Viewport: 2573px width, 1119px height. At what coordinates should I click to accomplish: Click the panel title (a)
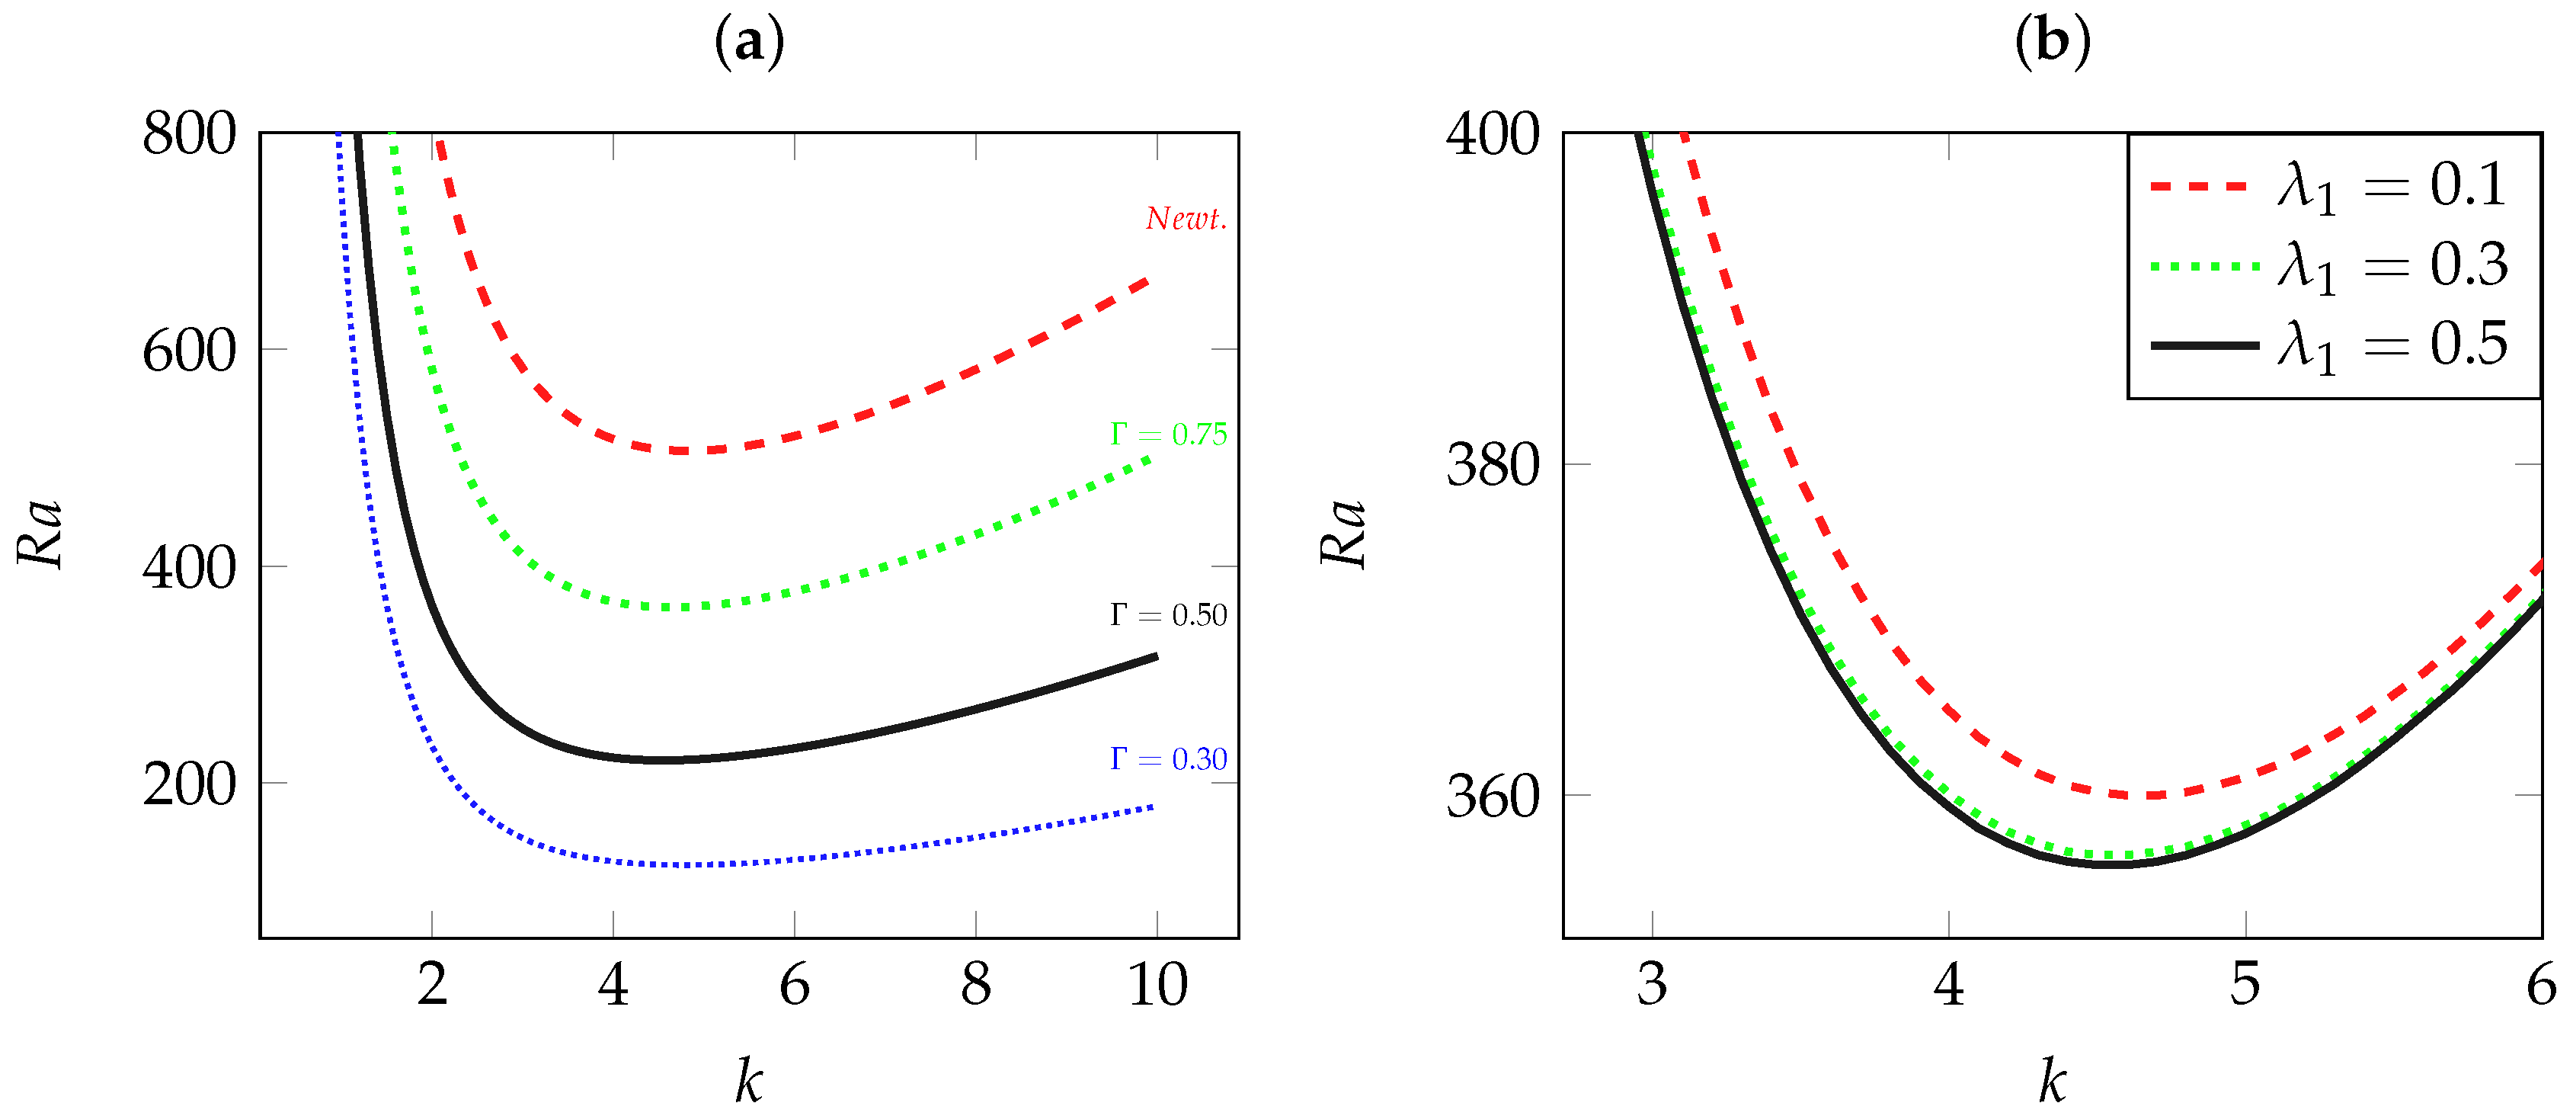(x=749, y=42)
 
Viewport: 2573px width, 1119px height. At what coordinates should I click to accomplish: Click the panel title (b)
(x=2052, y=42)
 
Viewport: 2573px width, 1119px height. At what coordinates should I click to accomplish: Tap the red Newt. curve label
(x=1186, y=219)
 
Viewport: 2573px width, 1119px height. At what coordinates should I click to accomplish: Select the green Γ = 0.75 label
(x=1167, y=434)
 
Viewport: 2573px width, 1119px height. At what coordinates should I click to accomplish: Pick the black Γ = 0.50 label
(x=1167, y=615)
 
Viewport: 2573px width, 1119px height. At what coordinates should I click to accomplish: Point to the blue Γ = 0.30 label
(x=1167, y=759)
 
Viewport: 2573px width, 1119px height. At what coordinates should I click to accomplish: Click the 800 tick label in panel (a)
(x=189, y=133)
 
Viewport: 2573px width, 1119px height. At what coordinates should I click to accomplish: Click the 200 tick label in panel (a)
(x=189, y=784)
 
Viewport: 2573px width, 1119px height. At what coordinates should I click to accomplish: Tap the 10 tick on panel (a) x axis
(x=1157, y=984)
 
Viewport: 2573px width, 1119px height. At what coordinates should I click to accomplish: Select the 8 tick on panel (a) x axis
(x=976, y=984)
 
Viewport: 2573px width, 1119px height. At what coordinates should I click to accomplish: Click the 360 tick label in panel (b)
(x=1493, y=797)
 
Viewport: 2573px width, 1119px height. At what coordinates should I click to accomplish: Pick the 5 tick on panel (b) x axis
(x=2245, y=984)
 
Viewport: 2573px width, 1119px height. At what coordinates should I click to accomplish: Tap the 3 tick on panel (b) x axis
(x=1652, y=984)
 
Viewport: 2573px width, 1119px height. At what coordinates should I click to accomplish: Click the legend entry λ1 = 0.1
(x=2391, y=186)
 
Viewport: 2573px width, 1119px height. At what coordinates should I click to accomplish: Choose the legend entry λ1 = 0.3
(x=2391, y=266)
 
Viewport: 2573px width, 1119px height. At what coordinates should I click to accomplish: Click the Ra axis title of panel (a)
(x=41, y=534)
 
